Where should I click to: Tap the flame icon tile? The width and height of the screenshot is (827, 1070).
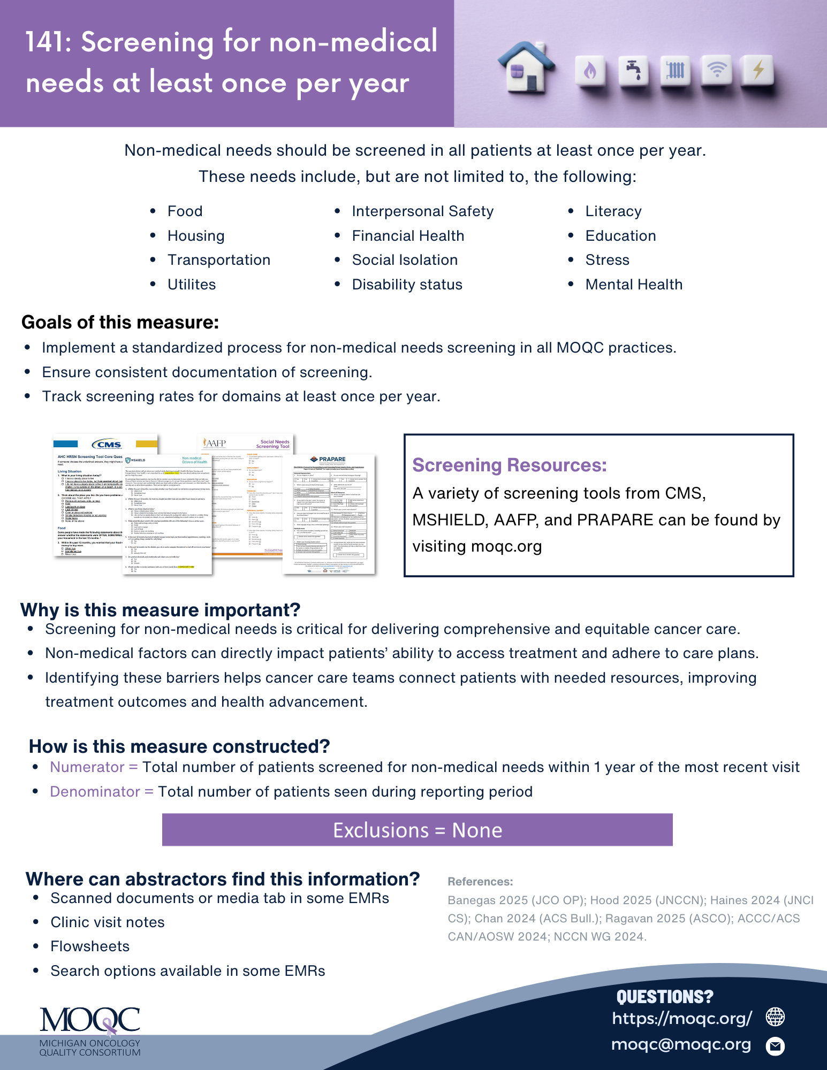point(590,71)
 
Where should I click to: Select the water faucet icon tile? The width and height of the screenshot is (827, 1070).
point(633,71)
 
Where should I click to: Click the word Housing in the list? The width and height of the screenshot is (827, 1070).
point(196,236)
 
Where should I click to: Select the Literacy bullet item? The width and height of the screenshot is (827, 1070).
point(613,211)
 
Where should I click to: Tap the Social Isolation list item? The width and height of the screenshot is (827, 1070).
point(405,260)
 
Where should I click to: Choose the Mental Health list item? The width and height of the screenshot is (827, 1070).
point(634,285)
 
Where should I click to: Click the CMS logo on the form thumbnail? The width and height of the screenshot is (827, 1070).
point(107,445)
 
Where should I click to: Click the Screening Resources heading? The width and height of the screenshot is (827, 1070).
point(509,465)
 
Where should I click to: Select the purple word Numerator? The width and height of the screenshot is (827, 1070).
point(87,767)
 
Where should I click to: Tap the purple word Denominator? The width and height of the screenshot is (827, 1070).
point(95,792)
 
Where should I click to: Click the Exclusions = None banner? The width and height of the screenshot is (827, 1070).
point(417,830)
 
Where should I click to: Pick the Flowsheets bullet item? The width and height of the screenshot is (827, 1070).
point(90,946)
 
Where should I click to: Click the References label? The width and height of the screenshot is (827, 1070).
point(480,882)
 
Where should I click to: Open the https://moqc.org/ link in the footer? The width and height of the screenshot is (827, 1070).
point(682,1018)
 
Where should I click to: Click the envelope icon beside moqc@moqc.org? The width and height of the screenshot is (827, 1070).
point(775,1045)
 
